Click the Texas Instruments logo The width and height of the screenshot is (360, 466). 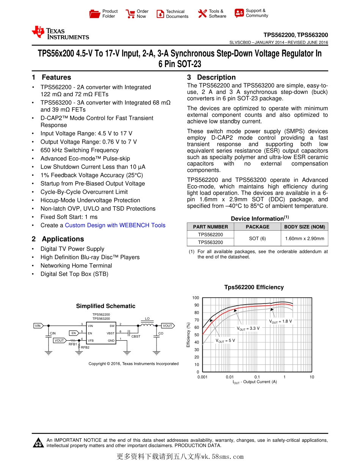coord(61,33)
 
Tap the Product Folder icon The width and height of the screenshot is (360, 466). coord(95,14)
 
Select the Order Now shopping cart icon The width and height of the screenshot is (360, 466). coord(130,14)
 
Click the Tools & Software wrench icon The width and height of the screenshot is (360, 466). coord(202,14)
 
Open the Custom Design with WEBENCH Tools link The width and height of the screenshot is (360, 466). coord(115,225)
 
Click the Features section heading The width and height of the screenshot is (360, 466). coord(56,77)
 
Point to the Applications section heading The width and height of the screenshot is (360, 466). coord(63,239)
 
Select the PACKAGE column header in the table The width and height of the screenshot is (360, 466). coord(257,227)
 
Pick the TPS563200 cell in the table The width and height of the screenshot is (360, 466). coord(210,242)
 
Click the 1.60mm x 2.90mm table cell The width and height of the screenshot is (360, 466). coord(304,239)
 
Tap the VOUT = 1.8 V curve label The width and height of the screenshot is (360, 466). coord(280,321)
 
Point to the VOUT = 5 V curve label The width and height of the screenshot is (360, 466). coord(225,341)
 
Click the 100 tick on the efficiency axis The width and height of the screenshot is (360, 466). coord(196,298)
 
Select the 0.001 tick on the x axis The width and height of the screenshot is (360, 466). coord(202,377)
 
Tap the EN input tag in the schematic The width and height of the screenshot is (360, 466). coord(74,333)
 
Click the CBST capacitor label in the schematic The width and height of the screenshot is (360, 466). coord(136,336)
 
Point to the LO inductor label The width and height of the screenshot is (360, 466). coord(147,319)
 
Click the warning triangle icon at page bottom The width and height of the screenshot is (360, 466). coord(38,443)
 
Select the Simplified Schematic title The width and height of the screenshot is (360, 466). coord(105,306)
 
